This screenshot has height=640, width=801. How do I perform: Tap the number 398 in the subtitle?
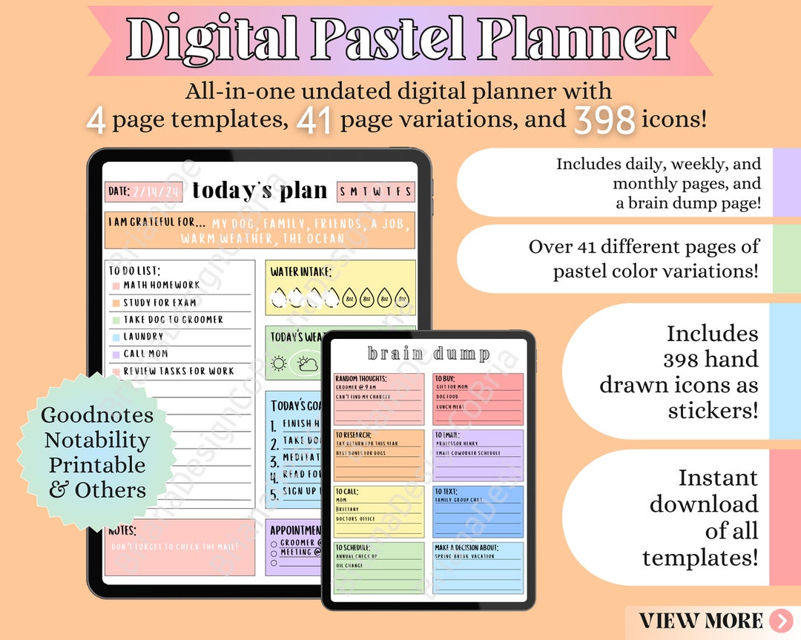[604, 121]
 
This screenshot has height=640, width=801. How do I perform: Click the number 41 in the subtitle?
[315, 121]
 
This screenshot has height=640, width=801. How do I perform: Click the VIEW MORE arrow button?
[781, 620]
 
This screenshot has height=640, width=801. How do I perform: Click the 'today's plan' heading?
[260, 191]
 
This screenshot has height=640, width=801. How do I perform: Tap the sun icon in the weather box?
[280, 363]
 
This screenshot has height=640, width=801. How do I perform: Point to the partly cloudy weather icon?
[307, 363]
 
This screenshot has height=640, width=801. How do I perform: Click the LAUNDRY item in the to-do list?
[143, 337]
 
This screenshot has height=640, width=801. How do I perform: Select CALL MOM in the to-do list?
[145, 354]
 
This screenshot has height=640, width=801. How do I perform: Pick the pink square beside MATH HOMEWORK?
[116, 286]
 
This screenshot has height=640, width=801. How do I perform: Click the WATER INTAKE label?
[300, 272]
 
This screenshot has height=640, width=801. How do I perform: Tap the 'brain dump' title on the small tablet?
[429, 354]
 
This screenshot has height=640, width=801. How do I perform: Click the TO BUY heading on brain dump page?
[446, 378]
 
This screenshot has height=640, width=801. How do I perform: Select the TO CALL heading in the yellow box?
[346, 491]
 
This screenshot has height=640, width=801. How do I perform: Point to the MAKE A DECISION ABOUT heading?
[467, 547]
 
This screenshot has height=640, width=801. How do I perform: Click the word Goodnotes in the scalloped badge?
[97, 415]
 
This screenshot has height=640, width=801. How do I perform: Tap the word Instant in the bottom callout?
[718, 478]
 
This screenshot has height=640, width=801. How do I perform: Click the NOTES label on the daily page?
[122, 531]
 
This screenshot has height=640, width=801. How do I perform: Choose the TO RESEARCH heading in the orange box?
[354, 435]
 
